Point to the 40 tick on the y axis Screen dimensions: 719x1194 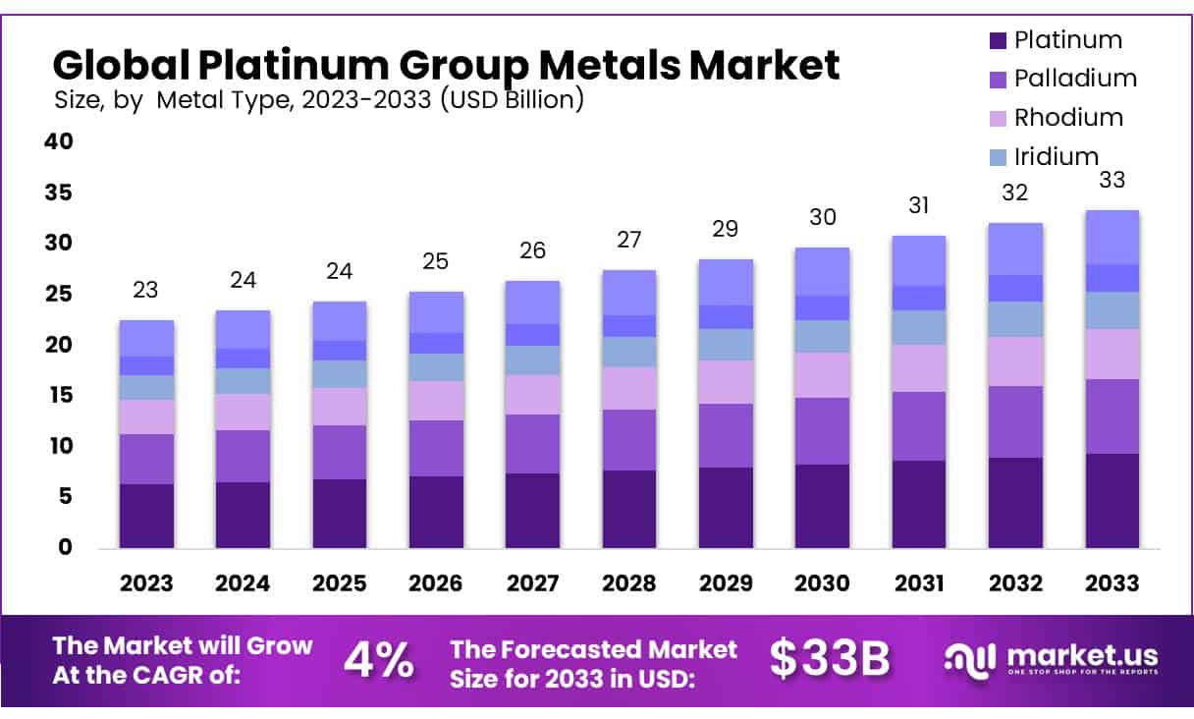coord(59,141)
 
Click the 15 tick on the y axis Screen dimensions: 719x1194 coord(59,396)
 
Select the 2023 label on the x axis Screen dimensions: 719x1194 coord(146,582)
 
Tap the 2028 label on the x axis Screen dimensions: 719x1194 coord(628,582)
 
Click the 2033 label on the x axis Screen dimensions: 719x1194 coord(1112,582)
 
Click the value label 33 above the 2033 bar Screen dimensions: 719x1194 coord(1112,180)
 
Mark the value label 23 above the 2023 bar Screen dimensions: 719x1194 coord(146,290)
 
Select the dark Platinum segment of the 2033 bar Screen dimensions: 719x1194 coord(1112,501)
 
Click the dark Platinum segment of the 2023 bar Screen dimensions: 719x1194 coord(146,516)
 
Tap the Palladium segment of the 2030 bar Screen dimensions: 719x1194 coord(822,431)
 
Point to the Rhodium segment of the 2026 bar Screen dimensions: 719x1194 coord(436,401)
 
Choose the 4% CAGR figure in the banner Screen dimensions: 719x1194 coord(378,661)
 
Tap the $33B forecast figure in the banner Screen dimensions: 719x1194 coord(830,661)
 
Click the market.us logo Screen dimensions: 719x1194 coord(1052,659)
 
